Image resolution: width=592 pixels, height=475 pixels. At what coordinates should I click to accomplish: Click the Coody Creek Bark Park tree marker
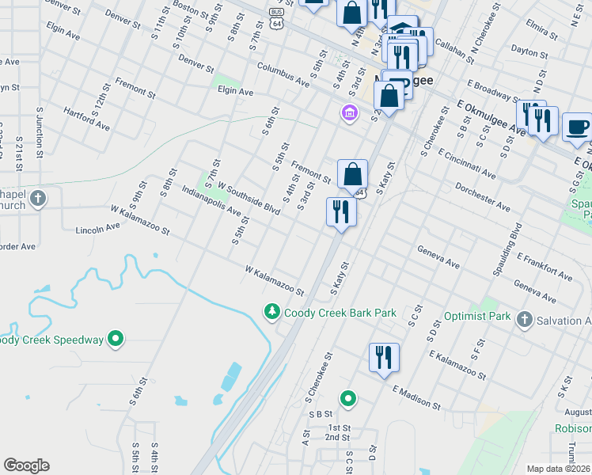pos(272,313)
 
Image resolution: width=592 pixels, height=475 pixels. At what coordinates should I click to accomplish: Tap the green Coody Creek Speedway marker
pos(116,340)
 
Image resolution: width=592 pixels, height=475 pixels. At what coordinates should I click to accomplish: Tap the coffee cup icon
pos(578,126)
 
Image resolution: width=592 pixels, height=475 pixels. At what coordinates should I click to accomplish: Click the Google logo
pos(26,465)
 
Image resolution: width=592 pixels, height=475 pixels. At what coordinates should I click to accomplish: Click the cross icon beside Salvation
pos(523,319)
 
